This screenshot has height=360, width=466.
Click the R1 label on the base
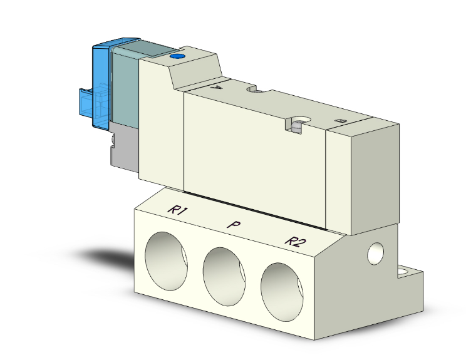point(177,211)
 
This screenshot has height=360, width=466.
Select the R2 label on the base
point(293,240)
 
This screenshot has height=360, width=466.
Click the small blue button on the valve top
point(177,58)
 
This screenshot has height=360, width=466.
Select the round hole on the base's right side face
point(376,252)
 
